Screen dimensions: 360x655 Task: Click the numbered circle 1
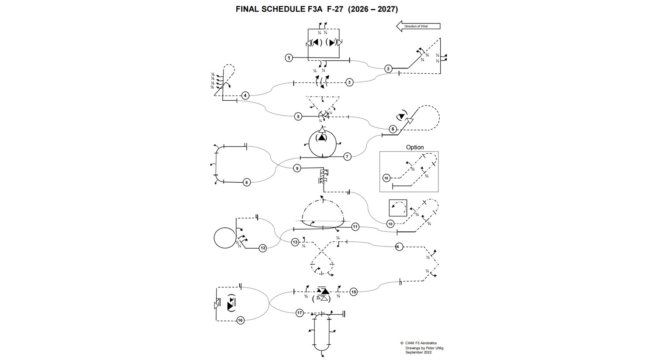[289, 58]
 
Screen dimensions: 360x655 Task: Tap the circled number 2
[388, 69]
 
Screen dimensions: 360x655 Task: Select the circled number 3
[349, 82]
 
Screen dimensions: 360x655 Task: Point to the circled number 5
[298, 117]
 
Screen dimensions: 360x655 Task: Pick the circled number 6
[393, 129]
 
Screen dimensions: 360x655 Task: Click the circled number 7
[347, 156]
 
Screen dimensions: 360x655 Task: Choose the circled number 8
[247, 182]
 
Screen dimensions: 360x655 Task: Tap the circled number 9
[297, 168]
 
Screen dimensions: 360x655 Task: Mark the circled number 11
[355, 226]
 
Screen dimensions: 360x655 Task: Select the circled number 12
[262, 248]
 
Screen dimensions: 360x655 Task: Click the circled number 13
[295, 242]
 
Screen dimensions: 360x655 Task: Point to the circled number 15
[353, 291]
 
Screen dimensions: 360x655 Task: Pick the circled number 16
[240, 320]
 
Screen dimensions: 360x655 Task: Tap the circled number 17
[300, 313]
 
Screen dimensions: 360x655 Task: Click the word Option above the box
[415, 147]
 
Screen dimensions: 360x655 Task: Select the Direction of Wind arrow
[418, 26]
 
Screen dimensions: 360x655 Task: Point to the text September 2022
[418, 353]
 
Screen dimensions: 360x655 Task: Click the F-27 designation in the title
[335, 9]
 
